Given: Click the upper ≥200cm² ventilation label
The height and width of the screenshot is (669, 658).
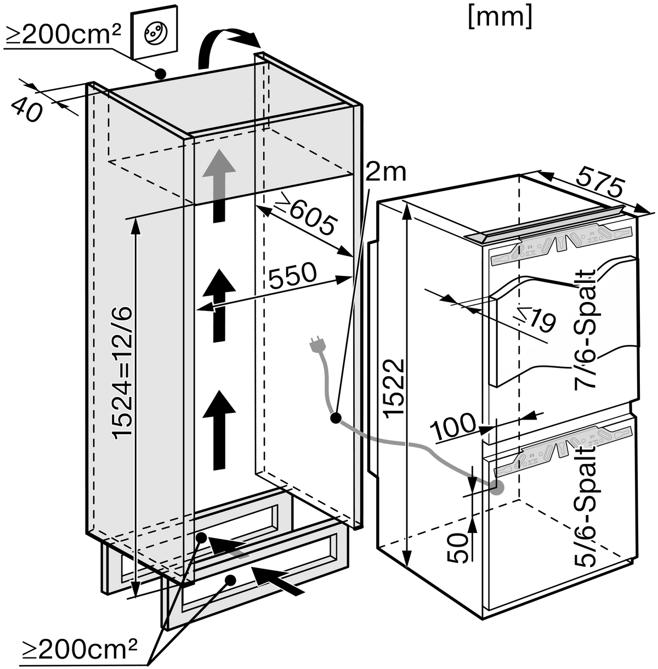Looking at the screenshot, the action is coord(63,36).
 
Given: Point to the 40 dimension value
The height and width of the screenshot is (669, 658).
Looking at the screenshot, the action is coord(27,109).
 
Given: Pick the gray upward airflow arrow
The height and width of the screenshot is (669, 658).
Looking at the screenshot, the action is coord(219,186).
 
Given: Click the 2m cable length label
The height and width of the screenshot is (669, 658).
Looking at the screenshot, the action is coord(385,173).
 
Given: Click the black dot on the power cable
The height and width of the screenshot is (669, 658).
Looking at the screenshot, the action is coord(336,418).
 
